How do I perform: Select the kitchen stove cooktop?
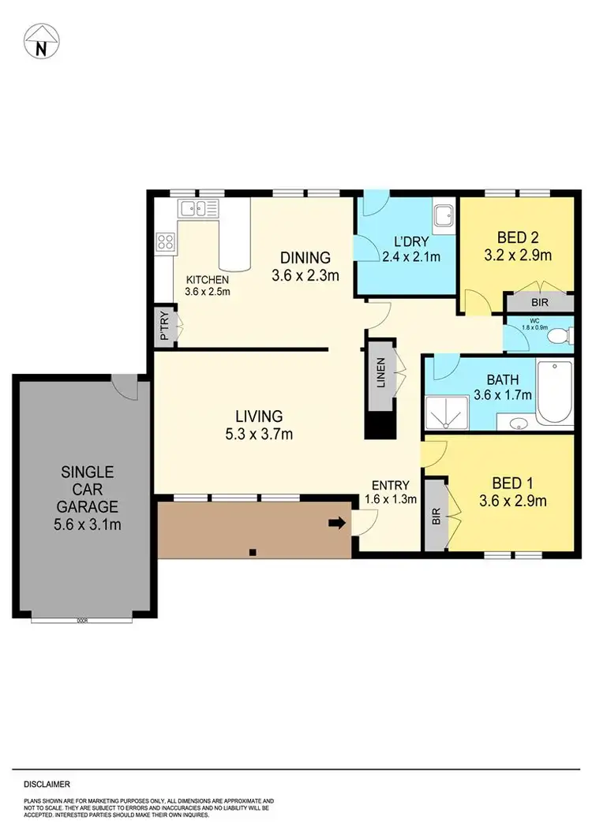[166, 241]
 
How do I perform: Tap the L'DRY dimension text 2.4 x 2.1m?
[410, 256]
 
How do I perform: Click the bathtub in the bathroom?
[556, 393]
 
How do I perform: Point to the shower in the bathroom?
[447, 412]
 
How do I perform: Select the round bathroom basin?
[519, 422]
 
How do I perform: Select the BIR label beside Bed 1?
[435, 516]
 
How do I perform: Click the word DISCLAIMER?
[47, 784]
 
